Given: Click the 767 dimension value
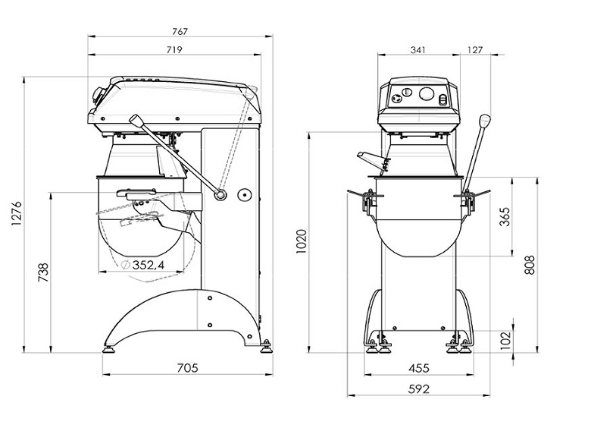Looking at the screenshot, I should tap(179, 31).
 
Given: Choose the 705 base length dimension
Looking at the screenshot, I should tap(187, 368).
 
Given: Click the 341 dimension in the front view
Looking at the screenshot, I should tap(417, 50).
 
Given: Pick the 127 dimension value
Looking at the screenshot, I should tap(475, 50).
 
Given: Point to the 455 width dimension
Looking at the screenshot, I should tap(418, 368).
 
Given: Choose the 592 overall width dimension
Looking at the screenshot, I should tap(418, 389).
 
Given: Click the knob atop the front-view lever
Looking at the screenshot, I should tap(485, 121).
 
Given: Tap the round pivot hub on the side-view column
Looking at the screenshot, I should tap(220, 194).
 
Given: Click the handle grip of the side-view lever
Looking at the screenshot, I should tap(137, 122).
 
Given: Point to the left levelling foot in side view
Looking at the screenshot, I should tap(111, 349).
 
